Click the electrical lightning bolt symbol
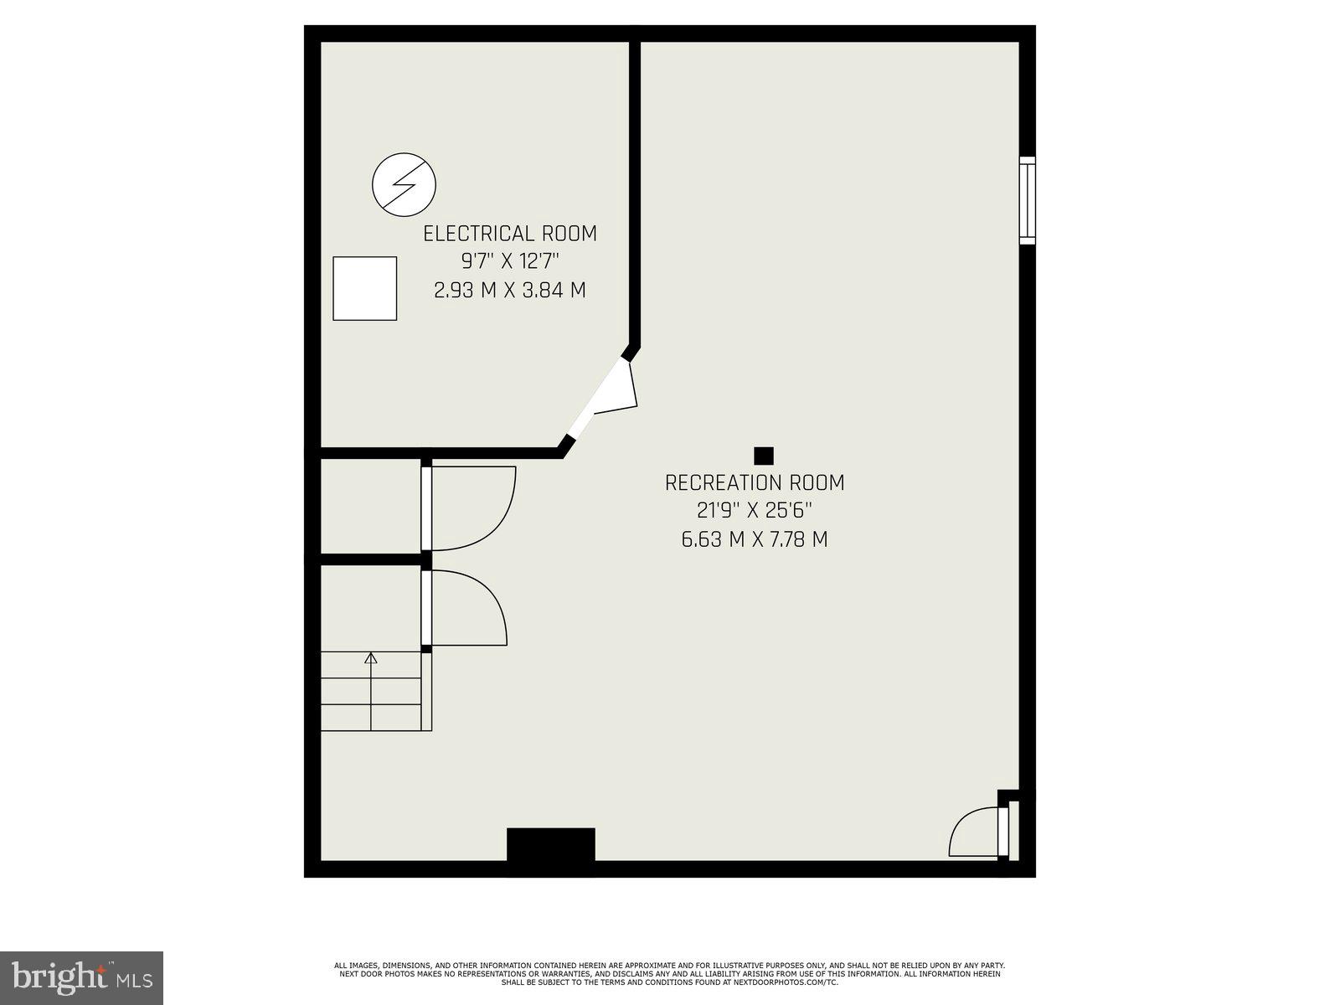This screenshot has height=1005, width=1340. coord(405,184)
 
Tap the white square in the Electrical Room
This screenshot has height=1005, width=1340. coord(364,288)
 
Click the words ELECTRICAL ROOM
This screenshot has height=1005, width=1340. coord(510,234)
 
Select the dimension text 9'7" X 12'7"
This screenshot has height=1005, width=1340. coord(510,262)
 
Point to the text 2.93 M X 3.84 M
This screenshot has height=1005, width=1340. coord(510,291)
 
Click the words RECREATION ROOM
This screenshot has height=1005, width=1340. coord(755,483)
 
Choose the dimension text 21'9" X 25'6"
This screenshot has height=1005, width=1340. coord(755,511)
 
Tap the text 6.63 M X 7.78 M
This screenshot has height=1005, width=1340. coord(755,539)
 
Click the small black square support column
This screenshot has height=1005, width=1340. coord(763,456)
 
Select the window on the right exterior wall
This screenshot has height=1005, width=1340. coord(1027,200)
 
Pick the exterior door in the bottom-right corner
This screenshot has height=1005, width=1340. coord(1003,831)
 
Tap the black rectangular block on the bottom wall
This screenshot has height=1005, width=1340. coord(550,844)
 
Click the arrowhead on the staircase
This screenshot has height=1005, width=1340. coord(371,658)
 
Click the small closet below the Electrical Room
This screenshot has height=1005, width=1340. coord(370,506)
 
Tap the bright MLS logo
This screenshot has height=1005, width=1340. coord(82,977)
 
